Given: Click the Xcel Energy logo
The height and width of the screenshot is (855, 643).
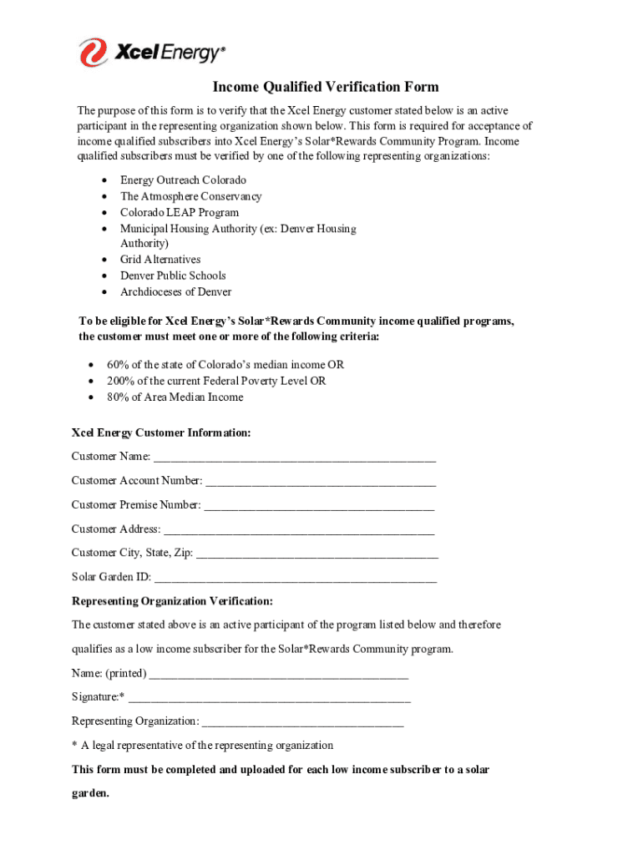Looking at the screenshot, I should point(152,53).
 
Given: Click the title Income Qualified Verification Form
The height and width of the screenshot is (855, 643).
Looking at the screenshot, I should point(325,87).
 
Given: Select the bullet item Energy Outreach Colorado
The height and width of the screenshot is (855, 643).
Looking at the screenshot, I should point(183,180).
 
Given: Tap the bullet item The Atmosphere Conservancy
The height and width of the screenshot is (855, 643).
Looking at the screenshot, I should point(190,196).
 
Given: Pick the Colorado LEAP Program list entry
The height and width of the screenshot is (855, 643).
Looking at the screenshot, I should point(179,212).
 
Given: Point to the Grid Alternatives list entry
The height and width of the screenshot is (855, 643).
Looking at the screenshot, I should point(160,260).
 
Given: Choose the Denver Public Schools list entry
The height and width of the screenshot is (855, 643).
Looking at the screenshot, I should point(173,276).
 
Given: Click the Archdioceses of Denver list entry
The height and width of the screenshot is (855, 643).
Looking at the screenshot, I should point(175,291).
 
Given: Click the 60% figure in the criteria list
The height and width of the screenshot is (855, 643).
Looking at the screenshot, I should point(118,365).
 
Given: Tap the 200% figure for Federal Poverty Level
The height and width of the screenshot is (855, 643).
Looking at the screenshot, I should point(120,381).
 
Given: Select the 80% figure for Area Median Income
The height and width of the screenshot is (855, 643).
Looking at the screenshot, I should point(118,397).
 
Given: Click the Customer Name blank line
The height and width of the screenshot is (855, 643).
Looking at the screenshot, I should point(295,458).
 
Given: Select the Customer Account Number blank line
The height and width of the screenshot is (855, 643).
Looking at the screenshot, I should point(321,482).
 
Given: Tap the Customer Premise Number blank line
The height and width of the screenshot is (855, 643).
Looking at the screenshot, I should point(319,506).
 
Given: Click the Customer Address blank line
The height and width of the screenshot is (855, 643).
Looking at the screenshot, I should point(299,530).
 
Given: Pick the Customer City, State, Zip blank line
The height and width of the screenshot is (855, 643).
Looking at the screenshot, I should point(317,554).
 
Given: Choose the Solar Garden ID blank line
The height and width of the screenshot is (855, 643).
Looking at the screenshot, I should point(296,578).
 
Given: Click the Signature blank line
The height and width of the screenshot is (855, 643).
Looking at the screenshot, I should point(269,698).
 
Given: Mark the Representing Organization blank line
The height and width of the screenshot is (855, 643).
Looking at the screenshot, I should point(302,722).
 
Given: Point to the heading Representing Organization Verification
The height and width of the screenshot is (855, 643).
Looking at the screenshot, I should point(172,601).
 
